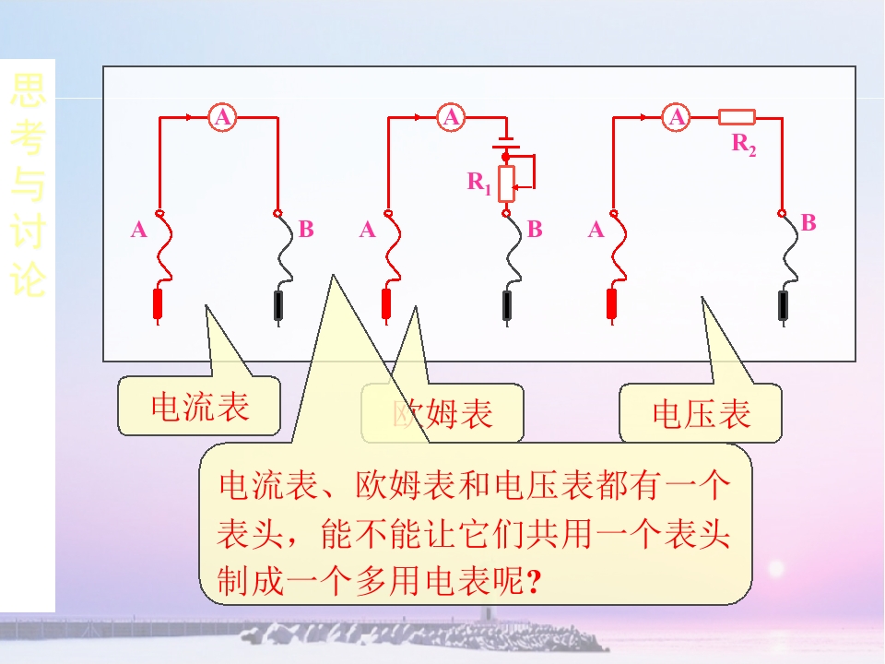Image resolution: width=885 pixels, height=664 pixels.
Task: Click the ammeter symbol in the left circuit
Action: coord(222,117)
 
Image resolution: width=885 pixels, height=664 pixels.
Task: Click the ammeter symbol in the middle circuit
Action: coord(451,117)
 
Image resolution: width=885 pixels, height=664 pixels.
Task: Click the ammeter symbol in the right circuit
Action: coord(678,117)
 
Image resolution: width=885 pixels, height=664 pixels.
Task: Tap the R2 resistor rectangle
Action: coord(737,117)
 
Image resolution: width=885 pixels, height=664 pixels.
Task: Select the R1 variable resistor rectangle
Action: coord(505,184)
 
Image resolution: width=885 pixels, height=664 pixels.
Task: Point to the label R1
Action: coord(478,183)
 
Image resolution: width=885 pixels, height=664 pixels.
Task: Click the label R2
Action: coord(744,144)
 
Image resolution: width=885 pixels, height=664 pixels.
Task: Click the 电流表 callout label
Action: coord(199,407)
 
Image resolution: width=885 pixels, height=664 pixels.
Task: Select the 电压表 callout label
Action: coord(701,414)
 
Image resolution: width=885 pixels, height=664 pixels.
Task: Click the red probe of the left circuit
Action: coord(158,304)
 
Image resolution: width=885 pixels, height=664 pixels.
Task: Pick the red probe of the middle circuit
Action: coord(386,304)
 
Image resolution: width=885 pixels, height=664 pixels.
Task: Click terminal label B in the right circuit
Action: coord(808,222)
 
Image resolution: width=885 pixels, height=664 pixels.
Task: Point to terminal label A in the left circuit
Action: coord(139,230)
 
